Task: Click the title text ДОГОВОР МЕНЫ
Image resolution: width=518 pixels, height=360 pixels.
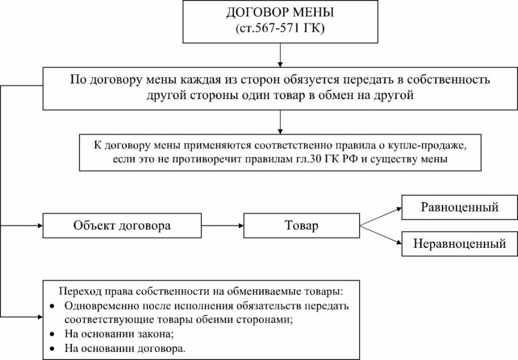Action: point(280,13)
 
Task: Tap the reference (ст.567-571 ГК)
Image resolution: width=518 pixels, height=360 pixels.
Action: point(280,28)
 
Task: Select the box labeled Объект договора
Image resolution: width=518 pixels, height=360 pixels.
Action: point(122,225)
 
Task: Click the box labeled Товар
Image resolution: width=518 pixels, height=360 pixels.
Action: point(301,225)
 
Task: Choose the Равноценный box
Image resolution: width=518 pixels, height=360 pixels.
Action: point(459,207)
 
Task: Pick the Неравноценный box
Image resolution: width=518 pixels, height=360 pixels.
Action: point(459,244)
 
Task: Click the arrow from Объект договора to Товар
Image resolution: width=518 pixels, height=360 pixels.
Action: point(222,226)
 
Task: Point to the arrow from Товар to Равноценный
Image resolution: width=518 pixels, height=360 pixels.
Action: point(380,217)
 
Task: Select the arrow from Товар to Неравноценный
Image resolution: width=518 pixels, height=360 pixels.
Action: point(380,235)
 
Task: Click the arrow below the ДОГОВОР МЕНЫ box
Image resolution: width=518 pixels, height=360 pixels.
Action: point(280,55)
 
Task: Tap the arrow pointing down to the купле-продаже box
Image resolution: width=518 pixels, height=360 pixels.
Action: point(280,122)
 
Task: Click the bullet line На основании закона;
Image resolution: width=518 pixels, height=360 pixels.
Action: point(119,334)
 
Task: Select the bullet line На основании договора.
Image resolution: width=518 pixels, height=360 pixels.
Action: point(125,348)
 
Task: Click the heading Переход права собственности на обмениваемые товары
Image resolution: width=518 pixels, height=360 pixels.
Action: point(201,291)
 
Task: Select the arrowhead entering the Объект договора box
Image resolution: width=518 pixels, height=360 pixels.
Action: point(41,226)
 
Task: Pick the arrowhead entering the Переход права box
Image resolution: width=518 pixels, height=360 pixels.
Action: point(41,317)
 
